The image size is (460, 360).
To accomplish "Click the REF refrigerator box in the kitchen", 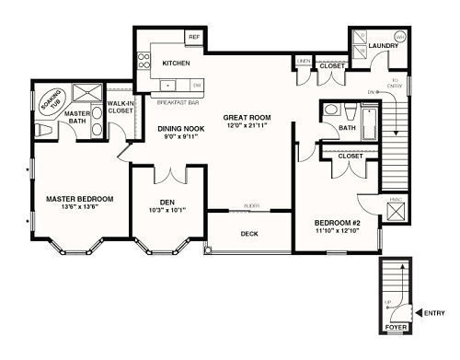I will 193,38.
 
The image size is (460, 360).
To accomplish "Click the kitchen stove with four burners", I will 144,62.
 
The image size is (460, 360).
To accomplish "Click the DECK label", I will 249,234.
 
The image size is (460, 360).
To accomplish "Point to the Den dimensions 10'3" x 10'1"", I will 167,209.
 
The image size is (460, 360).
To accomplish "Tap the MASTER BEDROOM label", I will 79,199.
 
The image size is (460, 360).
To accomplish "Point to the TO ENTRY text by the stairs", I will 395,85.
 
